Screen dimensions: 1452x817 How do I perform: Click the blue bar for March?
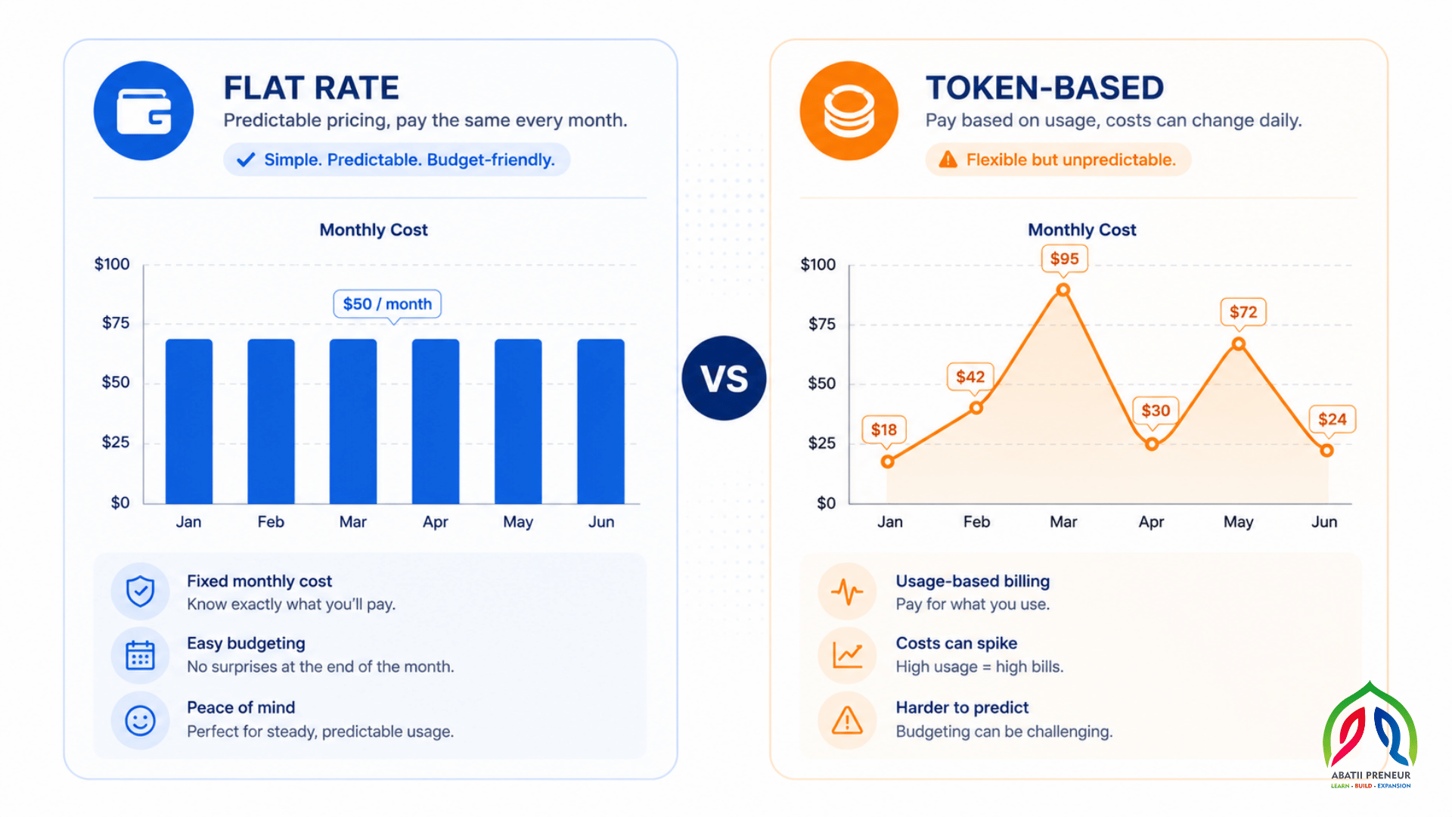tap(353, 421)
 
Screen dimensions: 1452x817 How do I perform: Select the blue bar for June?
tap(601, 421)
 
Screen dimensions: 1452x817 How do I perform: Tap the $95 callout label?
tap(1064, 259)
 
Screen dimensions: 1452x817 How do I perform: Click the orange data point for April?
tap(1152, 444)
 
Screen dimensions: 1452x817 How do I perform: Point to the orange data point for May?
tap(1239, 343)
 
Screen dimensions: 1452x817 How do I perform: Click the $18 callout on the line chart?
tap(884, 430)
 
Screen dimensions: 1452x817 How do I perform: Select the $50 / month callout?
tap(387, 304)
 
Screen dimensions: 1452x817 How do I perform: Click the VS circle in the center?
tap(724, 378)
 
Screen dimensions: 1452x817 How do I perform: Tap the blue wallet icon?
tap(144, 110)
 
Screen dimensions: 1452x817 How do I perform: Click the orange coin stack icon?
tap(849, 110)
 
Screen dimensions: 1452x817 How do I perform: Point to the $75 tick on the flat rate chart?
tap(116, 323)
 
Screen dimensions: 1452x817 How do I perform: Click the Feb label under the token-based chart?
tap(976, 522)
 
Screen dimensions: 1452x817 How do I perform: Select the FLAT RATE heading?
tap(311, 88)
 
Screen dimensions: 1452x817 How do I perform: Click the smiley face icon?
tap(140, 720)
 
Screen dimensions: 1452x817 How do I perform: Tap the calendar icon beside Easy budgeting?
tap(140, 655)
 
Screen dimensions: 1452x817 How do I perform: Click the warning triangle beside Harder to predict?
tap(847, 720)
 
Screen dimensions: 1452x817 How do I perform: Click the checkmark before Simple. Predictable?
tap(246, 160)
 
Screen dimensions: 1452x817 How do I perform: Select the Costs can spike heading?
tap(957, 643)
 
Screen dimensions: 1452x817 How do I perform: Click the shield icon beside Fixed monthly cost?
tap(140, 591)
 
